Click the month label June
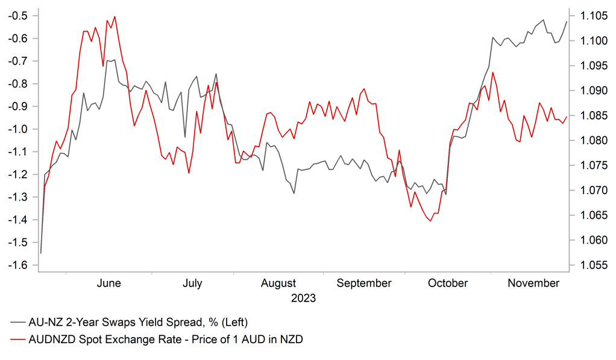(108, 283)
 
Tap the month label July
(192, 283)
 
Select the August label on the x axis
(279, 283)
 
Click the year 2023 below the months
(303, 298)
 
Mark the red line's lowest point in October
(430, 221)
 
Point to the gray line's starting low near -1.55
(41, 253)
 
